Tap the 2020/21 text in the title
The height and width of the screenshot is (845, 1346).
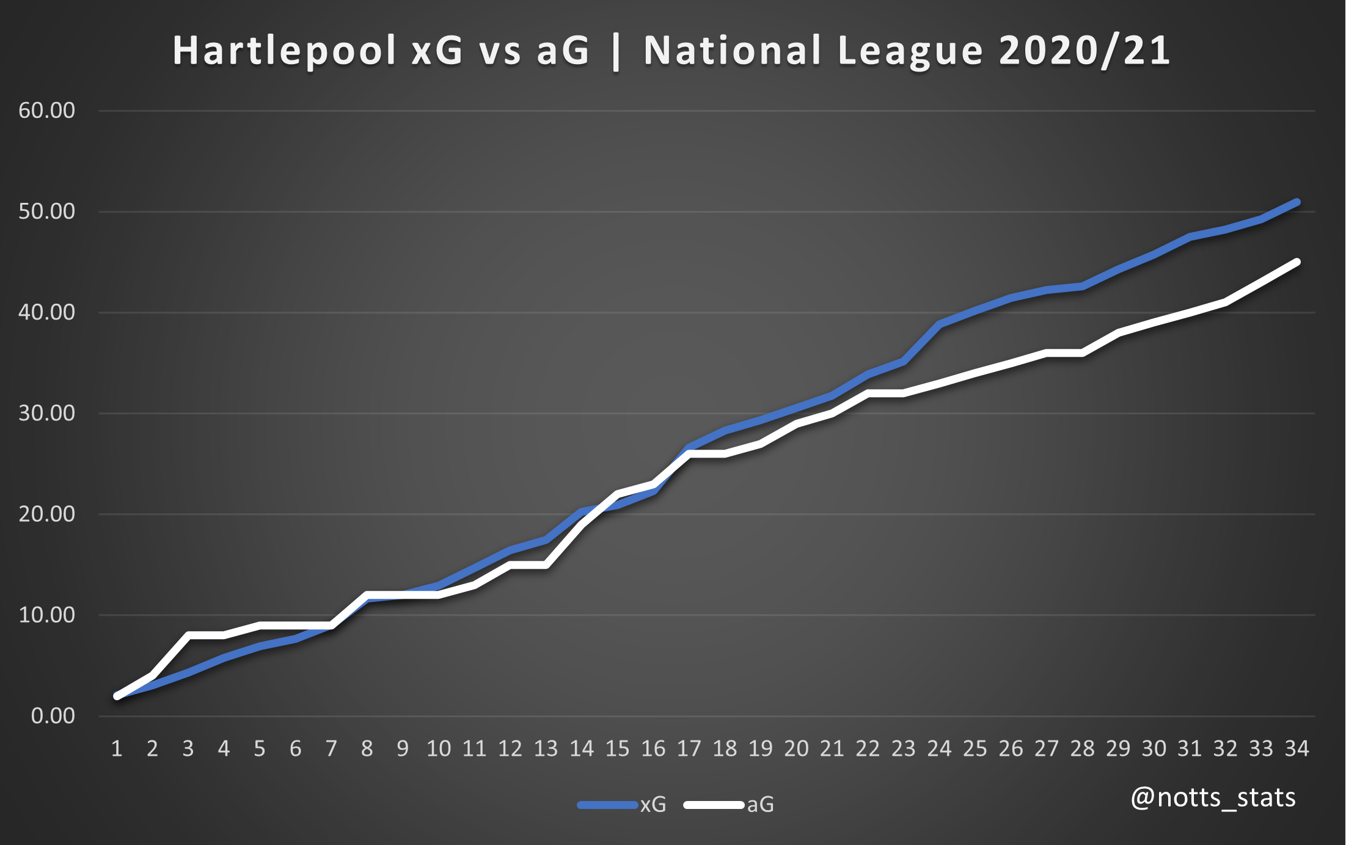coord(1084,51)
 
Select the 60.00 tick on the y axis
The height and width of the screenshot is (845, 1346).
coord(47,111)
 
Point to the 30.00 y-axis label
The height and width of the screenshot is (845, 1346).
coord(47,413)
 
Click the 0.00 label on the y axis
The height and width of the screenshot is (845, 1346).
coord(53,715)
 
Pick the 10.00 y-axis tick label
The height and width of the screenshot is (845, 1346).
coord(47,615)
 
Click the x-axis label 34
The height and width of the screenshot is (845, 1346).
coord(1297,748)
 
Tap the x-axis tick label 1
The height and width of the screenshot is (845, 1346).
coord(117,748)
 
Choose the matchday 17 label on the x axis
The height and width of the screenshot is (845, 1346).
coord(689,748)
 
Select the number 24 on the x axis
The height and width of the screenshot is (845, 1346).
coord(939,748)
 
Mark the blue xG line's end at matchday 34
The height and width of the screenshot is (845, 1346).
coord(1297,202)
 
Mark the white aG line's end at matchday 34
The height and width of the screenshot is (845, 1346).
coord(1297,262)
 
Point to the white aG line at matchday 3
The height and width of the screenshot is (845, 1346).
coord(189,635)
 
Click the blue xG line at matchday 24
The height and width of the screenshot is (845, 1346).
coord(940,324)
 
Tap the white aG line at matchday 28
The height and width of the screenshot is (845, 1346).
coord(1083,353)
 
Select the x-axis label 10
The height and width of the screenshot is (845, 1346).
coord(439,748)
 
